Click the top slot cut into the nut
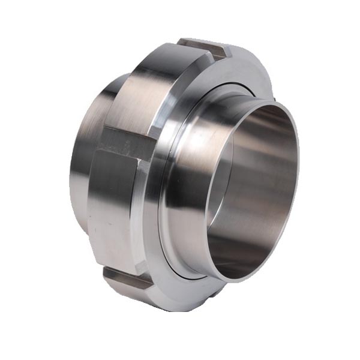tap(204, 47)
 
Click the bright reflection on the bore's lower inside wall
tap(252, 252)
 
